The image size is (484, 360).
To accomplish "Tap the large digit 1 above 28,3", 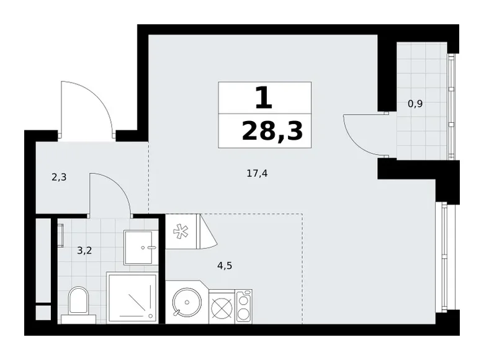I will click(264, 97).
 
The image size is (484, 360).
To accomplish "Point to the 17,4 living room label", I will click(257, 174).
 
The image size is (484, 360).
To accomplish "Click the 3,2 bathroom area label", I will click(85, 251).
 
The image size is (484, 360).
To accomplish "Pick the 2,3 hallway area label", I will click(59, 176).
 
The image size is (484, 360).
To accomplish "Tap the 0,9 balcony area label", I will click(415, 104).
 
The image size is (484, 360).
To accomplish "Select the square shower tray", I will click(133, 297).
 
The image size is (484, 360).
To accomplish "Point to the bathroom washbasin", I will click(141, 247).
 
